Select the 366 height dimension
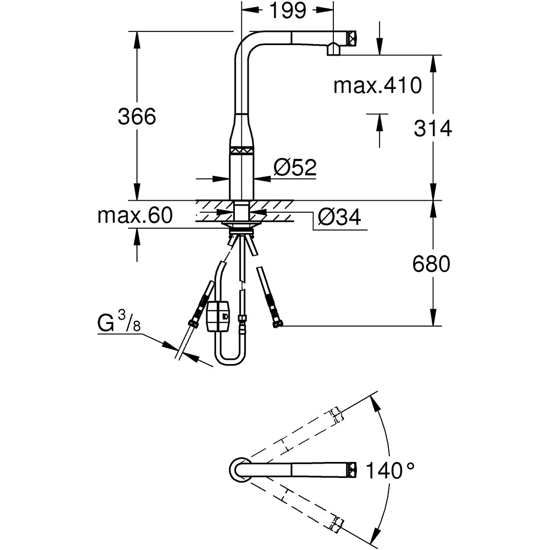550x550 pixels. pos(137,117)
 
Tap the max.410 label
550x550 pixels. pos(377,85)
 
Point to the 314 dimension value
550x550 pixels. pos(432,128)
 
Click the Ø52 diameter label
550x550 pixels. pos(295,167)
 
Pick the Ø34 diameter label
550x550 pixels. pos(339,218)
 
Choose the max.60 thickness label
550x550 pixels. pos(135,216)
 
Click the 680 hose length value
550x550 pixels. pos(431,264)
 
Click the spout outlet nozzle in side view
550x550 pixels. pos(334,50)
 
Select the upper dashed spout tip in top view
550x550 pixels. pos(336,414)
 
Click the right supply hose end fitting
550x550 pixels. pos(277,324)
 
